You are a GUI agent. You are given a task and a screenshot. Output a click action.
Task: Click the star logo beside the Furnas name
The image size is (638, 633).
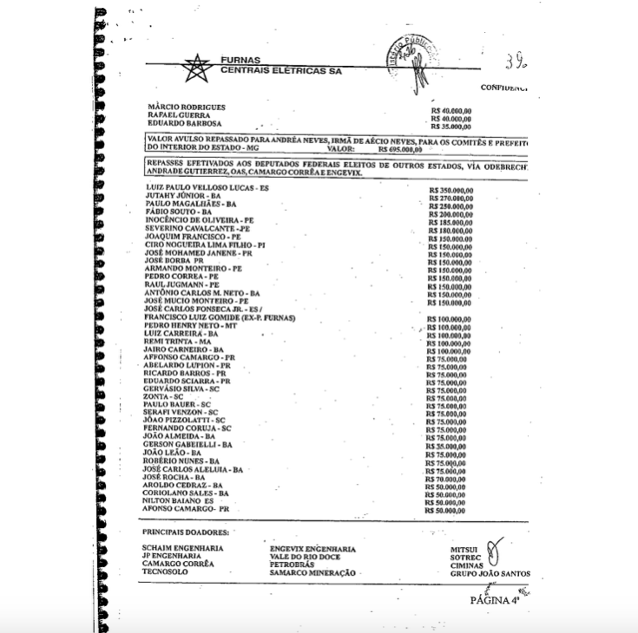pos(198,67)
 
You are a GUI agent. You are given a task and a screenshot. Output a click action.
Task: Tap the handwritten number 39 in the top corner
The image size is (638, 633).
pos(516,63)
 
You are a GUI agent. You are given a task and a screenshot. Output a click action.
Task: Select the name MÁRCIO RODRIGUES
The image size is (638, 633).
pos(187,108)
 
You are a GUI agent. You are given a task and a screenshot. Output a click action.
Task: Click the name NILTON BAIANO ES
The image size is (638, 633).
pos(178,500)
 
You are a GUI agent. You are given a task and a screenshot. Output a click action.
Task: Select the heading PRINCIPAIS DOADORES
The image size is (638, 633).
pos(185,532)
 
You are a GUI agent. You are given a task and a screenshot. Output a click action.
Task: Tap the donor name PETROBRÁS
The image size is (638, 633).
pos(292,564)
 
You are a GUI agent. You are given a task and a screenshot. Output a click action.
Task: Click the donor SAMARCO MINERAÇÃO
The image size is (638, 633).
pos(312,573)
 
